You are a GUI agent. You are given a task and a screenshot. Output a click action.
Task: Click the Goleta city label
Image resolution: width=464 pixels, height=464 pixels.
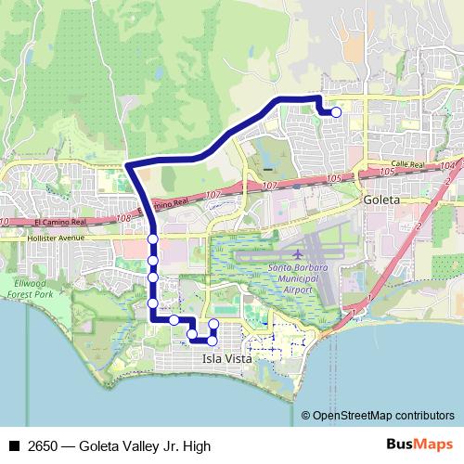(x=381, y=200)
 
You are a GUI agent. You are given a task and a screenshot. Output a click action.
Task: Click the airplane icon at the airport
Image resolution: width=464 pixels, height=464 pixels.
(x=297, y=254)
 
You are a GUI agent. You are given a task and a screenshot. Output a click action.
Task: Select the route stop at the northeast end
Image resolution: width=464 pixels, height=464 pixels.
(x=336, y=112)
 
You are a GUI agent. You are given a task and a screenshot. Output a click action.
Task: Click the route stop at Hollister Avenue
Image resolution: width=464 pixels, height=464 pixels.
(x=152, y=239)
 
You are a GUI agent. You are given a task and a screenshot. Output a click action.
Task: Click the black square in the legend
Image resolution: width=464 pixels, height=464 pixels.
(x=14, y=446)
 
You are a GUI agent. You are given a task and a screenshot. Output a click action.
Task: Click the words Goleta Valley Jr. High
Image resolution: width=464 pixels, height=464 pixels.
(x=148, y=446)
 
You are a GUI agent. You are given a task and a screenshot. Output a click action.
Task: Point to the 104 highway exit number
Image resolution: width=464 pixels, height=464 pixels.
(x=448, y=164)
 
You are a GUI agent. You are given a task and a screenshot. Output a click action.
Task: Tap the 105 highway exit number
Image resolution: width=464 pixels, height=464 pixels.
(x=335, y=176)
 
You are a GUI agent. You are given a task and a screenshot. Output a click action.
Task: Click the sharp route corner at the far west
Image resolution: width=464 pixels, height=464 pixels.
(x=127, y=166)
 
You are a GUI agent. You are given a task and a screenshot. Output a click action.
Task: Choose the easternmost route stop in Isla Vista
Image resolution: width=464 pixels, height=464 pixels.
(x=213, y=325)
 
